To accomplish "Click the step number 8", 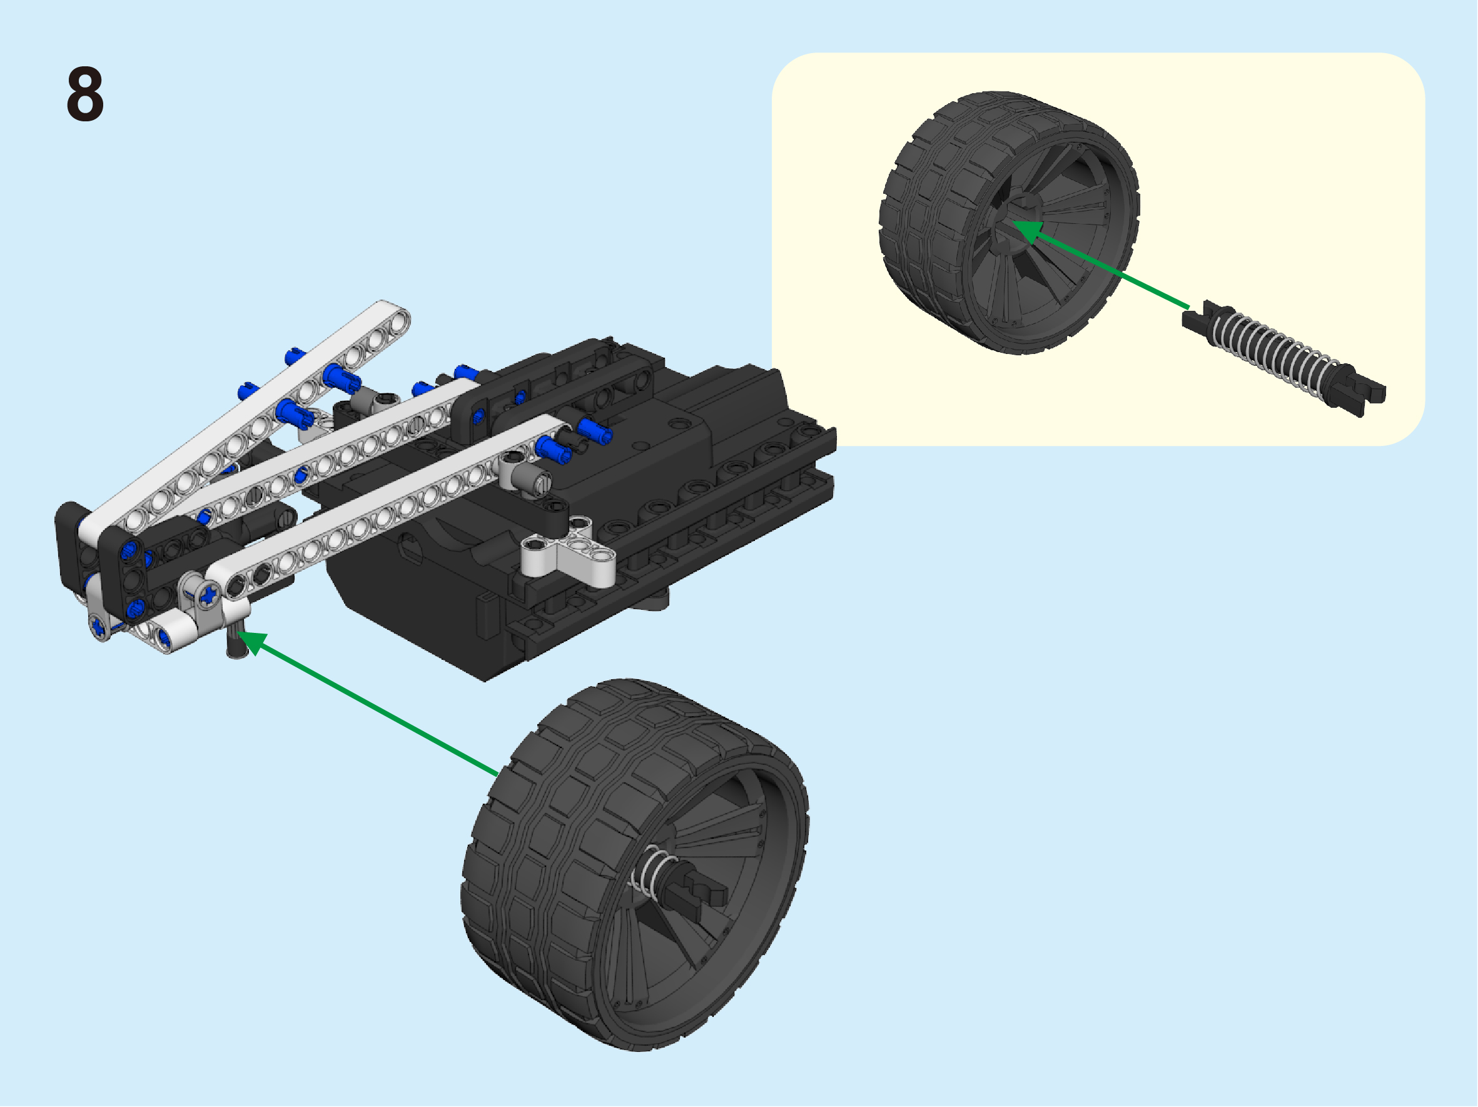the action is tap(85, 94).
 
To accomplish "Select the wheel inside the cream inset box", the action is tap(1009, 223).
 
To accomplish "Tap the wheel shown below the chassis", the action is tap(635, 864).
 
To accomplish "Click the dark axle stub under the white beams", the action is tap(236, 639).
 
